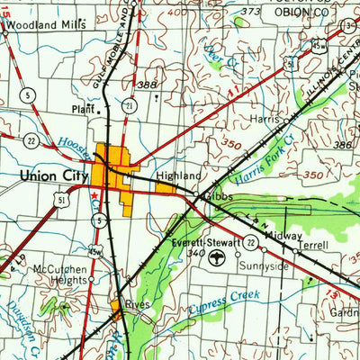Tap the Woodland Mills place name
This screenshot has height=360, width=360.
(47, 27)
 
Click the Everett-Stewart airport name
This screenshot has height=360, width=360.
(207, 243)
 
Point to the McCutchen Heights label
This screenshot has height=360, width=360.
(58, 273)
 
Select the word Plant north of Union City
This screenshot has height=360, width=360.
(83, 110)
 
